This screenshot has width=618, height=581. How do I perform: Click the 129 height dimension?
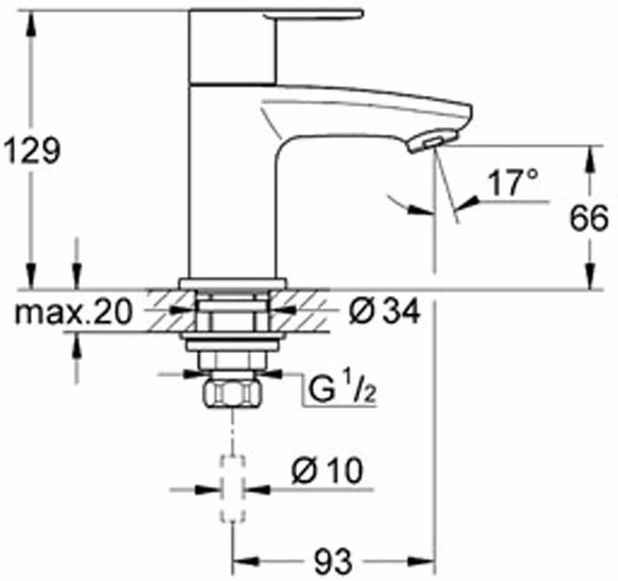[x=31, y=150]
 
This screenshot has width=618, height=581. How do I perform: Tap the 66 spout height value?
[x=589, y=218]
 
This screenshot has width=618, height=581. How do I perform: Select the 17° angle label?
[x=513, y=182]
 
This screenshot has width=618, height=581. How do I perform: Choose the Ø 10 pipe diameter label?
[x=326, y=470]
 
